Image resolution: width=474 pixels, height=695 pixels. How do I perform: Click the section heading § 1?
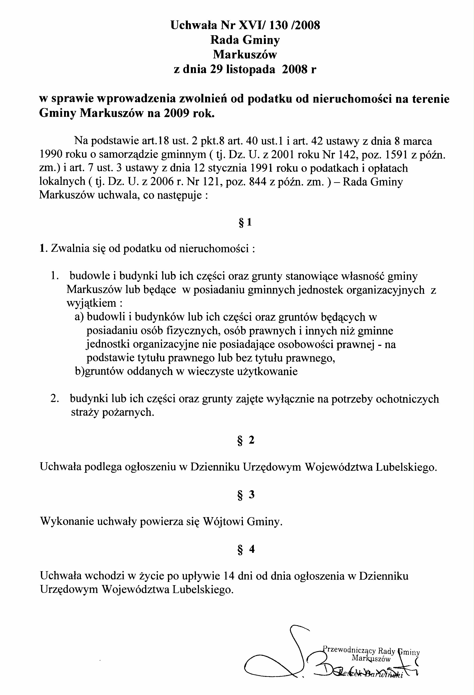[x=245, y=222]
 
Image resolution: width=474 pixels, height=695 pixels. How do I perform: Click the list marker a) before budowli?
[x=80, y=317]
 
